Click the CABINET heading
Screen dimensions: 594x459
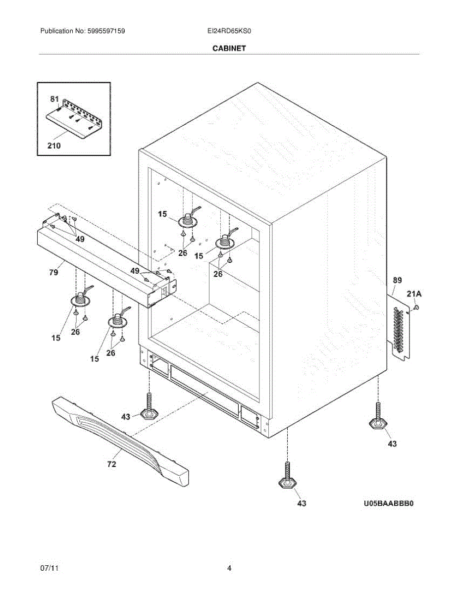click(x=229, y=49)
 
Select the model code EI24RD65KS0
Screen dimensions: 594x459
click(x=229, y=31)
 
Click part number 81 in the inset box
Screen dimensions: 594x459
click(x=54, y=99)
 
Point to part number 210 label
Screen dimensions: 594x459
click(x=54, y=146)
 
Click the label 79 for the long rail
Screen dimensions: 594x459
click(x=54, y=272)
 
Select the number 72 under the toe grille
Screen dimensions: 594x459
click(x=112, y=464)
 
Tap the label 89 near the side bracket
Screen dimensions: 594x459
click(x=398, y=280)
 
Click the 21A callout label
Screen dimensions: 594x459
click(x=414, y=294)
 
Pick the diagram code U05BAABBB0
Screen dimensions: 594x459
click(x=388, y=503)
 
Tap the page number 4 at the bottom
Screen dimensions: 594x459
click(x=229, y=569)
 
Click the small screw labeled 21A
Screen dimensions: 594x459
click(x=416, y=308)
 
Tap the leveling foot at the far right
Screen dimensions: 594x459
click(x=377, y=418)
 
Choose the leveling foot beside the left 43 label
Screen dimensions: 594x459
click(x=149, y=408)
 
